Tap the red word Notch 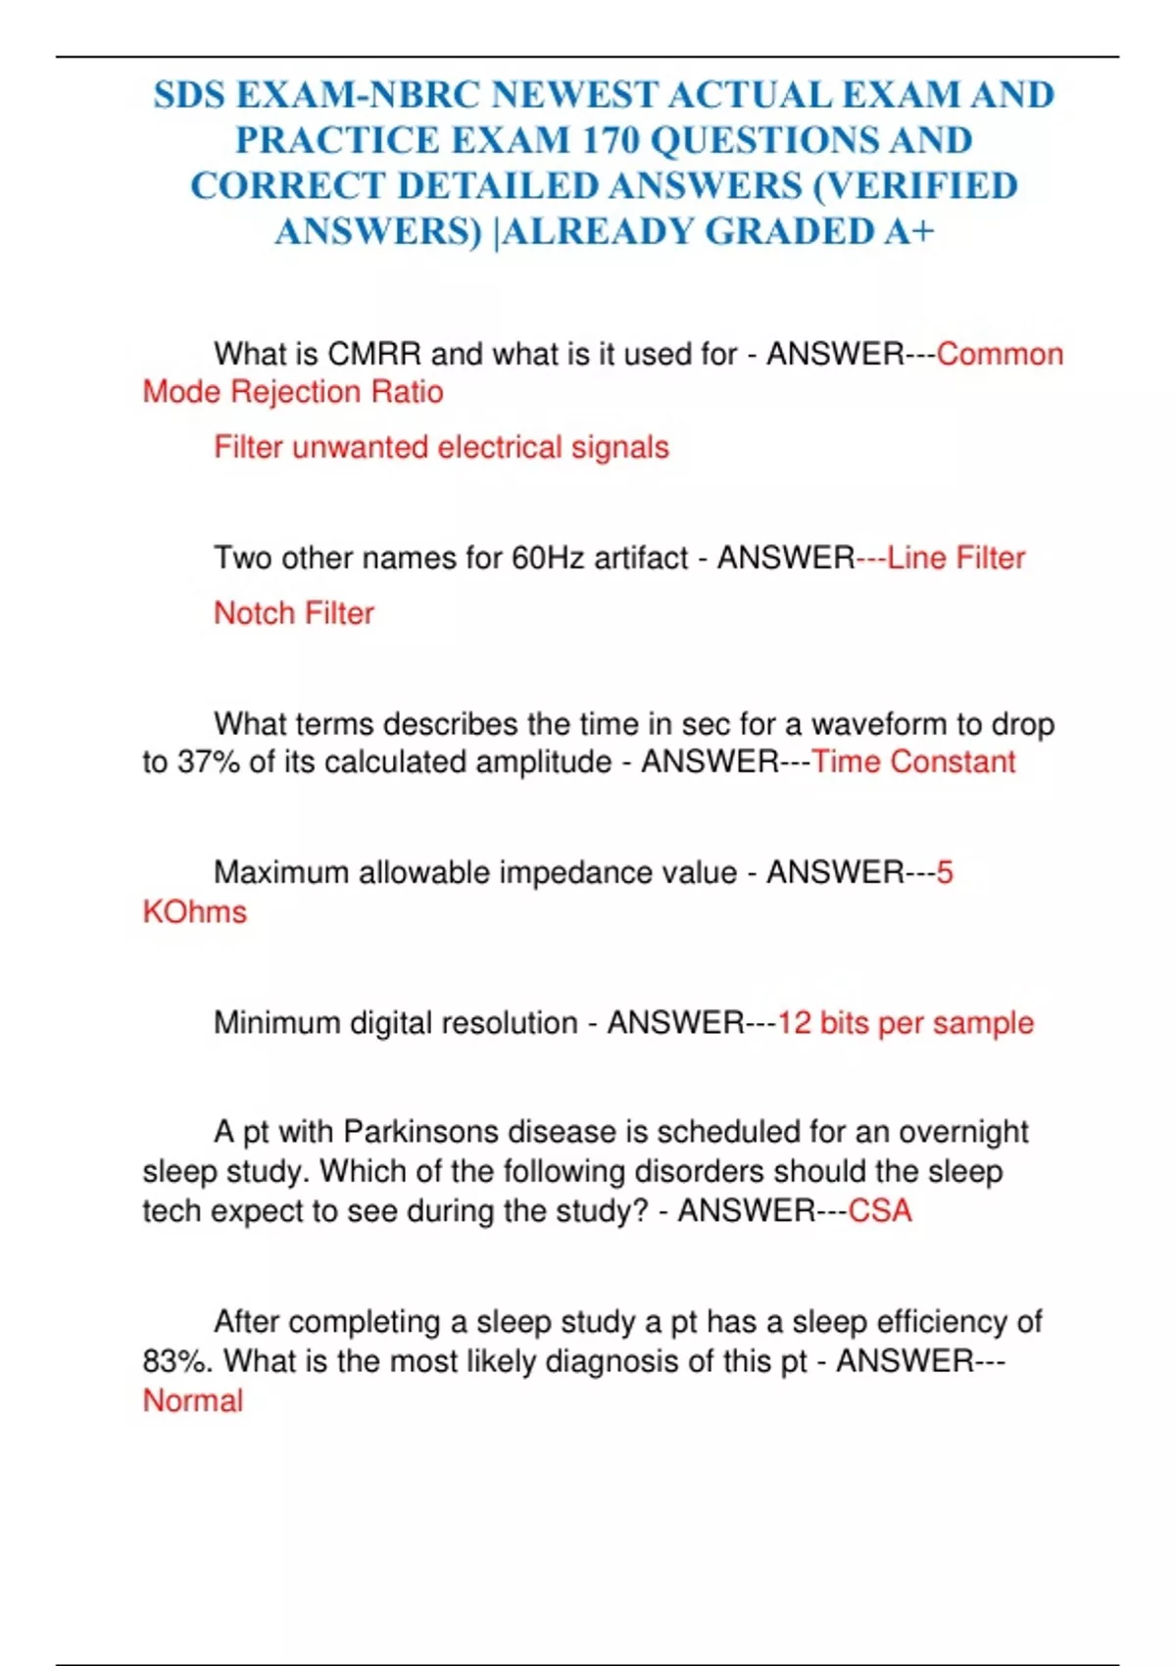coord(254,613)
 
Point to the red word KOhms coord(195,912)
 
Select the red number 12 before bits coord(794,1023)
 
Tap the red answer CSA coord(879,1211)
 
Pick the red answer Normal coord(193,1401)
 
